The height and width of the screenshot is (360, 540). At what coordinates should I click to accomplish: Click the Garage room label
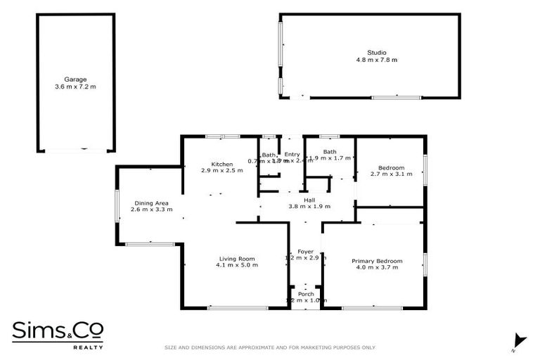tap(75, 79)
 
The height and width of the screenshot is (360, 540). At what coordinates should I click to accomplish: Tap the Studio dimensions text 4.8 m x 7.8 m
tap(377, 60)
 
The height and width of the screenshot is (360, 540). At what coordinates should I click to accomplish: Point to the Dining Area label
tap(151, 203)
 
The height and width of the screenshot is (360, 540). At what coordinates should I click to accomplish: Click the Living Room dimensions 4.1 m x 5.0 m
tap(237, 265)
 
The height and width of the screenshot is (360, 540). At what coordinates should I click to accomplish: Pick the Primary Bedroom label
tap(377, 261)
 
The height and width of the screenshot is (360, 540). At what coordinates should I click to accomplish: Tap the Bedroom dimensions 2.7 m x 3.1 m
tap(392, 174)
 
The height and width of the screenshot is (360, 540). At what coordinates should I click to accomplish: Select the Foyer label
tap(305, 252)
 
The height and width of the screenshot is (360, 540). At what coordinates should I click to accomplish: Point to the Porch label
tap(306, 294)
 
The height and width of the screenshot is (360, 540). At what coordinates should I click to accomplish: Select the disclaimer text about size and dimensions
tap(269, 347)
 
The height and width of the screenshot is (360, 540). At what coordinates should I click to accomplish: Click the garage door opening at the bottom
tap(75, 149)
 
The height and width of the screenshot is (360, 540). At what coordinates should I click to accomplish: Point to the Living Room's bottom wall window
tap(237, 307)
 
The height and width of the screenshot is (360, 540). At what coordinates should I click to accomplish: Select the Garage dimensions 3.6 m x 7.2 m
tap(75, 86)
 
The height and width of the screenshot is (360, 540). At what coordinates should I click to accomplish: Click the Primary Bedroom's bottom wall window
tap(372, 307)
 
